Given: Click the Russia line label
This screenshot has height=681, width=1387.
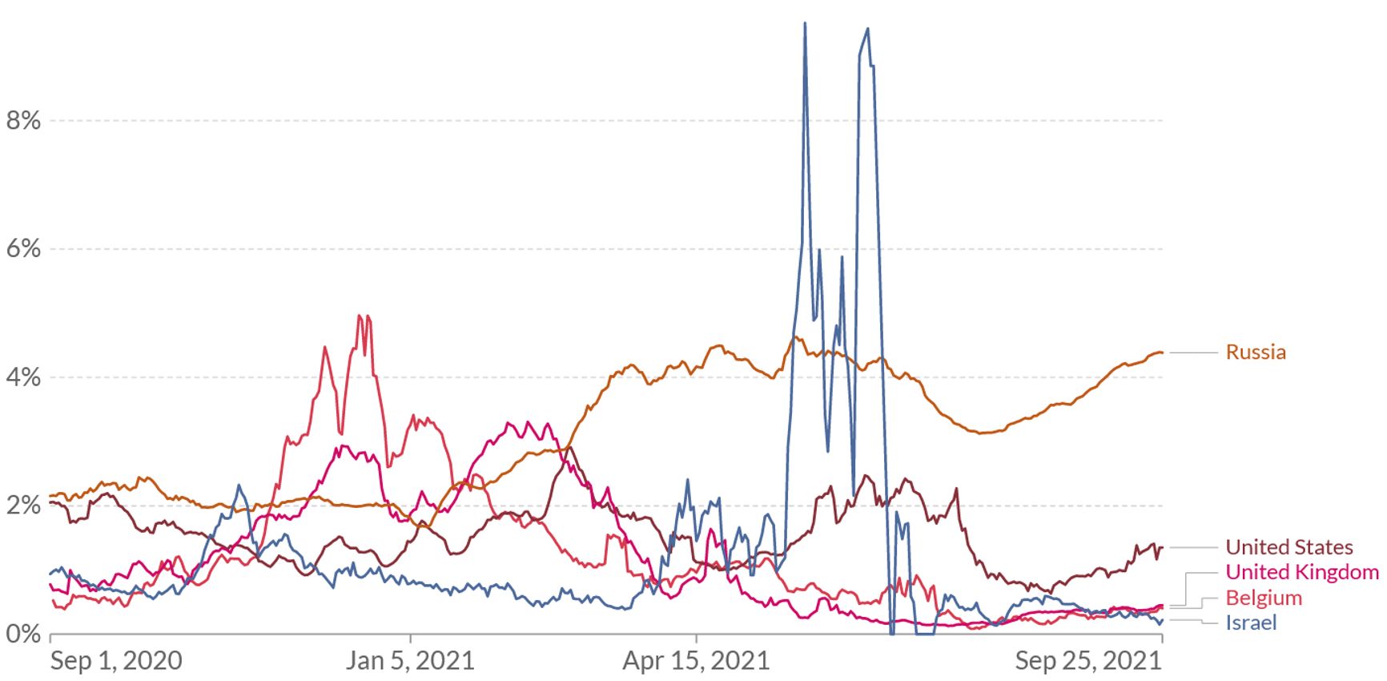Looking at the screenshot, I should pyautogui.click(x=1255, y=353).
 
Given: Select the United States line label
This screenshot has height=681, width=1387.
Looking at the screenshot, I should pyautogui.click(x=1289, y=547).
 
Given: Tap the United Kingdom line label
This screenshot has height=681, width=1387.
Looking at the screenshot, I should pyautogui.click(x=1301, y=572).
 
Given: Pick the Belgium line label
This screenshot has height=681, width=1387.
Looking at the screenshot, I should pyautogui.click(x=1263, y=598).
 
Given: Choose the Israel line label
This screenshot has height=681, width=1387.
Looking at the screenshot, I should pyautogui.click(x=1250, y=623).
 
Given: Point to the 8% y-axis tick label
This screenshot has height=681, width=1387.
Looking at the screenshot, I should pyautogui.click(x=23, y=121).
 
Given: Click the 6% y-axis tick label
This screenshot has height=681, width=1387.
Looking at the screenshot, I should pyautogui.click(x=23, y=249).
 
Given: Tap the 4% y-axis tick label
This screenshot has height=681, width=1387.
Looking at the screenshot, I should pyautogui.click(x=23, y=377).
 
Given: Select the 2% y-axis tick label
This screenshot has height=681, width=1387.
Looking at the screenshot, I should pyautogui.click(x=23, y=506).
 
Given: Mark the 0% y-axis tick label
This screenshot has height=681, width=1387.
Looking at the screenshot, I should pyautogui.click(x=23, y=634).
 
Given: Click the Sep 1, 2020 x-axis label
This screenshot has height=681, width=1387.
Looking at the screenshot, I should pyautogui.click(x=116, y=661).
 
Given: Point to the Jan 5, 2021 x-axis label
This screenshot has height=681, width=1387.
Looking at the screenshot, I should pyautogui.click(x=410, y=661).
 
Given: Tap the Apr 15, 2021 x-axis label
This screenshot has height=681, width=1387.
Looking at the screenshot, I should pyautogui.click(x=696, y=661).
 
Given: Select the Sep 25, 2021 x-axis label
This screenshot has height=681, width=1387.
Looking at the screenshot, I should pyautogui.click(x=1087, y=661).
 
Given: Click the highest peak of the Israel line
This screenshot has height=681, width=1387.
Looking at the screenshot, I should pyautogui.click(x=805, y=23).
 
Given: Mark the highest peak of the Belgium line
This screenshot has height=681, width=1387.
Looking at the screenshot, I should pyautogui.click(x=360, y=316).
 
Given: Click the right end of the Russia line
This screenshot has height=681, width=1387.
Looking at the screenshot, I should pyautogui.click(x=1161, y=353).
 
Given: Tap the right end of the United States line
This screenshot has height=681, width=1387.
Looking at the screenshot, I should pyautogui.click(x=1161, y=547).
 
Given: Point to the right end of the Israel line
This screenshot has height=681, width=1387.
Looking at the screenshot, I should pyautogui.click(x=1161, y=620).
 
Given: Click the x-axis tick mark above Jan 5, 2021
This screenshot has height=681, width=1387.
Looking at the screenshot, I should pyautogui.click(x=410, y=638).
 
